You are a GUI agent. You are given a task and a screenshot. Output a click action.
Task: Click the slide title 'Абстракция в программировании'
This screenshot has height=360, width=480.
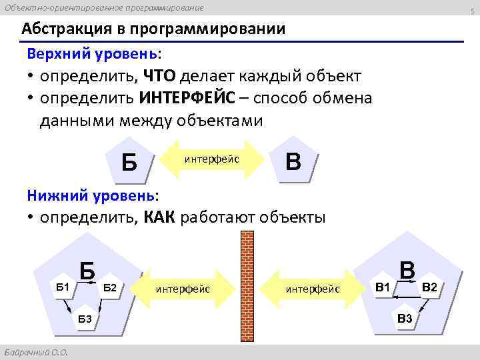(x=153, y=30)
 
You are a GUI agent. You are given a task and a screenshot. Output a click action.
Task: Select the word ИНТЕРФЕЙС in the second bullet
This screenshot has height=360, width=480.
(x=187, y=98)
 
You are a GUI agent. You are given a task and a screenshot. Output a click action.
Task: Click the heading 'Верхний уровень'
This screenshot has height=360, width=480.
(x=93, y=53)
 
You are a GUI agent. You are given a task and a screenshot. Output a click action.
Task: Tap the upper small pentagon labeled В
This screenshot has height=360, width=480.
(x=292, y=161)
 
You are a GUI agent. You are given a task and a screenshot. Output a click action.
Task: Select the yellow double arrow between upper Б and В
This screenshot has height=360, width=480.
(x=212, y=160)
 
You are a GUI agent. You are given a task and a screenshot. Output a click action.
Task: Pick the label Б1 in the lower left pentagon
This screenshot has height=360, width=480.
(x=63, y=287)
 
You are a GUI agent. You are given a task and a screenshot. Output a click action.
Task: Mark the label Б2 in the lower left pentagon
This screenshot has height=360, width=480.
(x=111, y=287)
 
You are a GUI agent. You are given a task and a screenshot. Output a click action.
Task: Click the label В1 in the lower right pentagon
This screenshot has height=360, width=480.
(x=383, y=287)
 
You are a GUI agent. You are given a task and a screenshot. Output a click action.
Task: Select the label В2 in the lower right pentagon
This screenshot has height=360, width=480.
(x=430, y=287)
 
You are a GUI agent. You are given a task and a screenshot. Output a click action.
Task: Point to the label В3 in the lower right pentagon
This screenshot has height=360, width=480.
(x=405, y=318)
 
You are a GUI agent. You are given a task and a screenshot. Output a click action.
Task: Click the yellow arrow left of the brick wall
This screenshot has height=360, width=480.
(x=184, y=289)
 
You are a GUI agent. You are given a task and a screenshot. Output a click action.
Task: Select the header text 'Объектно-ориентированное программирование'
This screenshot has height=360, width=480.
(x=103, y=7)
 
